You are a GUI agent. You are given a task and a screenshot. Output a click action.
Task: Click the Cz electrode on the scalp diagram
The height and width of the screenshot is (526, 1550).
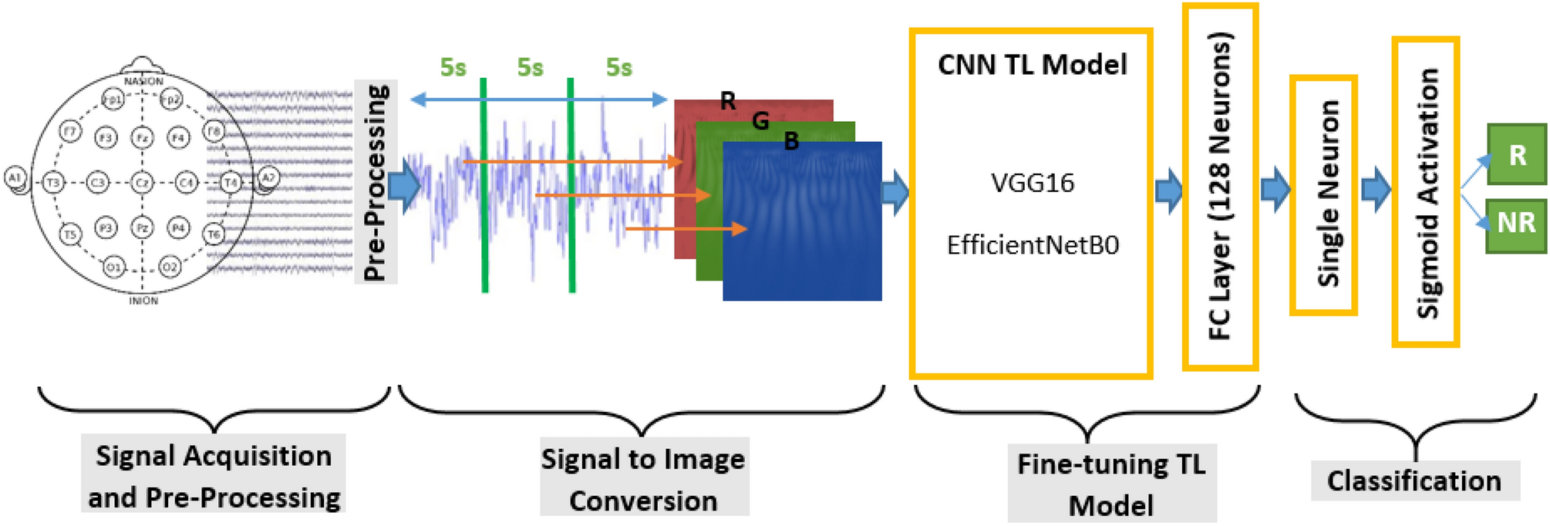point(142,183)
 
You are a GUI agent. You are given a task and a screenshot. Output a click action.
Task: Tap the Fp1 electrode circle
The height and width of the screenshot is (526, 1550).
point(113,99)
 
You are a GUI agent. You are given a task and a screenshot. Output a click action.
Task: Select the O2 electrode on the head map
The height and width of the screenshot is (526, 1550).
point(170,267)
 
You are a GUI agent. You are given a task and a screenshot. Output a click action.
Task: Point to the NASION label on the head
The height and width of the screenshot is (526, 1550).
point(143,81)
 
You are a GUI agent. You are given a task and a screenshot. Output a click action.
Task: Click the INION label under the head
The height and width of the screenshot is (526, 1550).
point(143,301)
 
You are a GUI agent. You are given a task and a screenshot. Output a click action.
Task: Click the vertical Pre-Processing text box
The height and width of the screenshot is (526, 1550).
point(376,182)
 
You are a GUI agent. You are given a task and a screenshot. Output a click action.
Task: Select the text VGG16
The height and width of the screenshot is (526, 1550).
point(1032,183)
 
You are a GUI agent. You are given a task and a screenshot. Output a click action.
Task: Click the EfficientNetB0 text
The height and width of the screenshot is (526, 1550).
point(1032,245)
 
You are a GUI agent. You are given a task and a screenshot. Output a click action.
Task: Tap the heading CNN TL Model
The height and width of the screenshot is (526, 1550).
point(1032,64)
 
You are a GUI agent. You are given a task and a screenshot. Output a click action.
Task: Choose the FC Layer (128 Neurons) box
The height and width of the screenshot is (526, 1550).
point(1220,187)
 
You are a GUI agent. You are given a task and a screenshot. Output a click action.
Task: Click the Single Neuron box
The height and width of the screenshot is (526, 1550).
point(1323,194)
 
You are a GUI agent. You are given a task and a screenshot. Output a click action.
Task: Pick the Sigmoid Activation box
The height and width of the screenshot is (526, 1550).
point(1425,191)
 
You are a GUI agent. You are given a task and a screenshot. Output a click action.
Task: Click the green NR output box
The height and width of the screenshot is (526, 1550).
point(1516,224)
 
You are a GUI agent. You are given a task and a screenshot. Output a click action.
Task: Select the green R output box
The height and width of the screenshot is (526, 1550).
point(1516,155)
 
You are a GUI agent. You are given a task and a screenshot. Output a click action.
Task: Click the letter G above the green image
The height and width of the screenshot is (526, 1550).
point(760,120)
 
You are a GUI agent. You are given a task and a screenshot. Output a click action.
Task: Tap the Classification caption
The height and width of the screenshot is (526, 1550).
point(1414,481)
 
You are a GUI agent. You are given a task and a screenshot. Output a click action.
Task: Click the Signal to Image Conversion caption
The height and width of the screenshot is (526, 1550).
point(643,480)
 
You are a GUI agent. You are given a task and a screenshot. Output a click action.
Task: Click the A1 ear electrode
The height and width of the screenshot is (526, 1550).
point(15,179)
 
